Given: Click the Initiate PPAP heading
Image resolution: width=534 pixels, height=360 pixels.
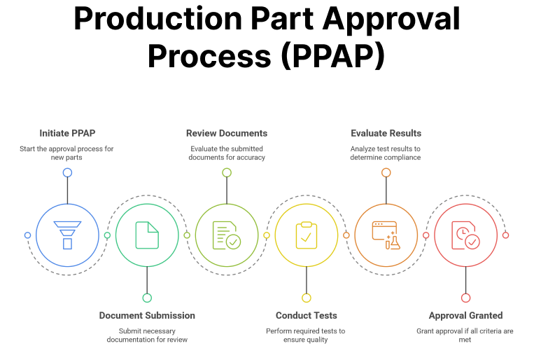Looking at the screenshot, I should (67, 133).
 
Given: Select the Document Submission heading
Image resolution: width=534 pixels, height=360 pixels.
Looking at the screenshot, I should (147, 315).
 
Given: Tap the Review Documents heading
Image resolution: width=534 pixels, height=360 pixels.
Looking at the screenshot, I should (227, 133).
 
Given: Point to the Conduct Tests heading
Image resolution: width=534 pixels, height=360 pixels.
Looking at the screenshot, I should (306, 315).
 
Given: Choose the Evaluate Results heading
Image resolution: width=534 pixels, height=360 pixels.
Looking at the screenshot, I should (386, 133).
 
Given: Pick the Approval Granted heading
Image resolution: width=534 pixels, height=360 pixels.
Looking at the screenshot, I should (465, 315).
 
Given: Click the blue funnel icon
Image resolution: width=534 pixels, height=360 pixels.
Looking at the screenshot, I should (67, 235).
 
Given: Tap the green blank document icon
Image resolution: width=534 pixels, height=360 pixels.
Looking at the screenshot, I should (147, 235).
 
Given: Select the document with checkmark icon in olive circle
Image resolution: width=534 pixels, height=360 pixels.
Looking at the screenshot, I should (227, 235).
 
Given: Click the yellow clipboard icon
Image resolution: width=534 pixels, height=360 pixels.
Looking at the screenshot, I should (306, 235).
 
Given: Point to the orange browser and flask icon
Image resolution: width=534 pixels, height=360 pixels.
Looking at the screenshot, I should (386, 235).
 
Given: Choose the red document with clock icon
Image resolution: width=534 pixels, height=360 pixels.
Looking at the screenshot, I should (465, 235).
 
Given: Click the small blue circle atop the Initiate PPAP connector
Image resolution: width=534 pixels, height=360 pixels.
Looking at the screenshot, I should (67, 172).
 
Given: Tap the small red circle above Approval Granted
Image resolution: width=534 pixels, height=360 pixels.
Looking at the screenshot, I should (465, 298).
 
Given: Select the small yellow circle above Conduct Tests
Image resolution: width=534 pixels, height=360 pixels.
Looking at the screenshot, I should (306, 298).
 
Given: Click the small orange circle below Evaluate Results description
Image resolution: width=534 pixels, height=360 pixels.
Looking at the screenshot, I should (386, 172).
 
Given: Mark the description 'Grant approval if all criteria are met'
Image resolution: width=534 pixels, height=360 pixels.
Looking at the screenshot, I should (465, 335).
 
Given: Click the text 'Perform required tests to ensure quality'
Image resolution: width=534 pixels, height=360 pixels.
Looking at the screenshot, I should (306, 335).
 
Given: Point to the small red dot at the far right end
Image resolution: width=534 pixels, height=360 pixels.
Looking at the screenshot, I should (505, 235).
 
